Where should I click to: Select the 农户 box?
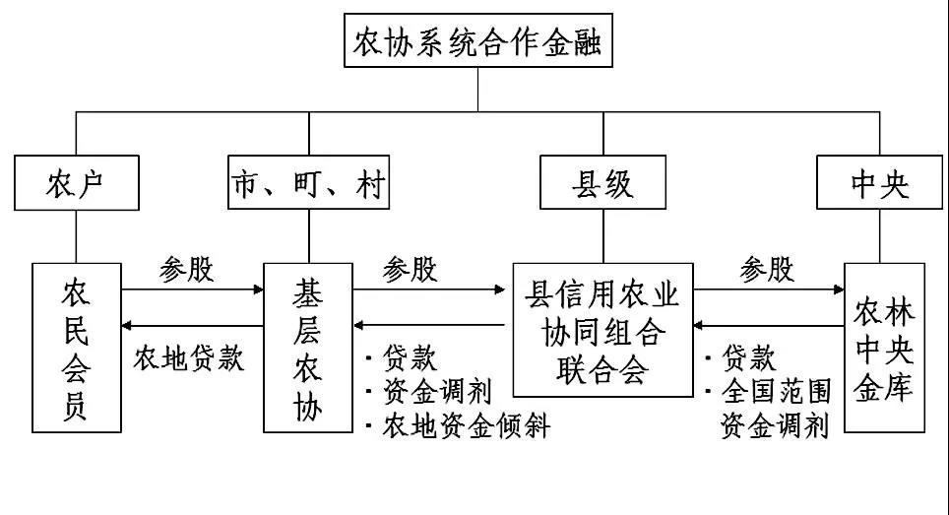coord(76,183)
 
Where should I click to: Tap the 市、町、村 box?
coord(308,183)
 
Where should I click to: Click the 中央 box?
coord(879,183)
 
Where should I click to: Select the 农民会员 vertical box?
coord(76,347)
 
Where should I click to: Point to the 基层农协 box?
coord(308,347)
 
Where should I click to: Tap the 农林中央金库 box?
coord(883,347)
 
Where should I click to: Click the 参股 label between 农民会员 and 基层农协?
coord(186,269)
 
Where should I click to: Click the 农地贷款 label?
coord(188,357)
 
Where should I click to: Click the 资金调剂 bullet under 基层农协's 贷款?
coord(437,391)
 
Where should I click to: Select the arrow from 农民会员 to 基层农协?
coord(193,290)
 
